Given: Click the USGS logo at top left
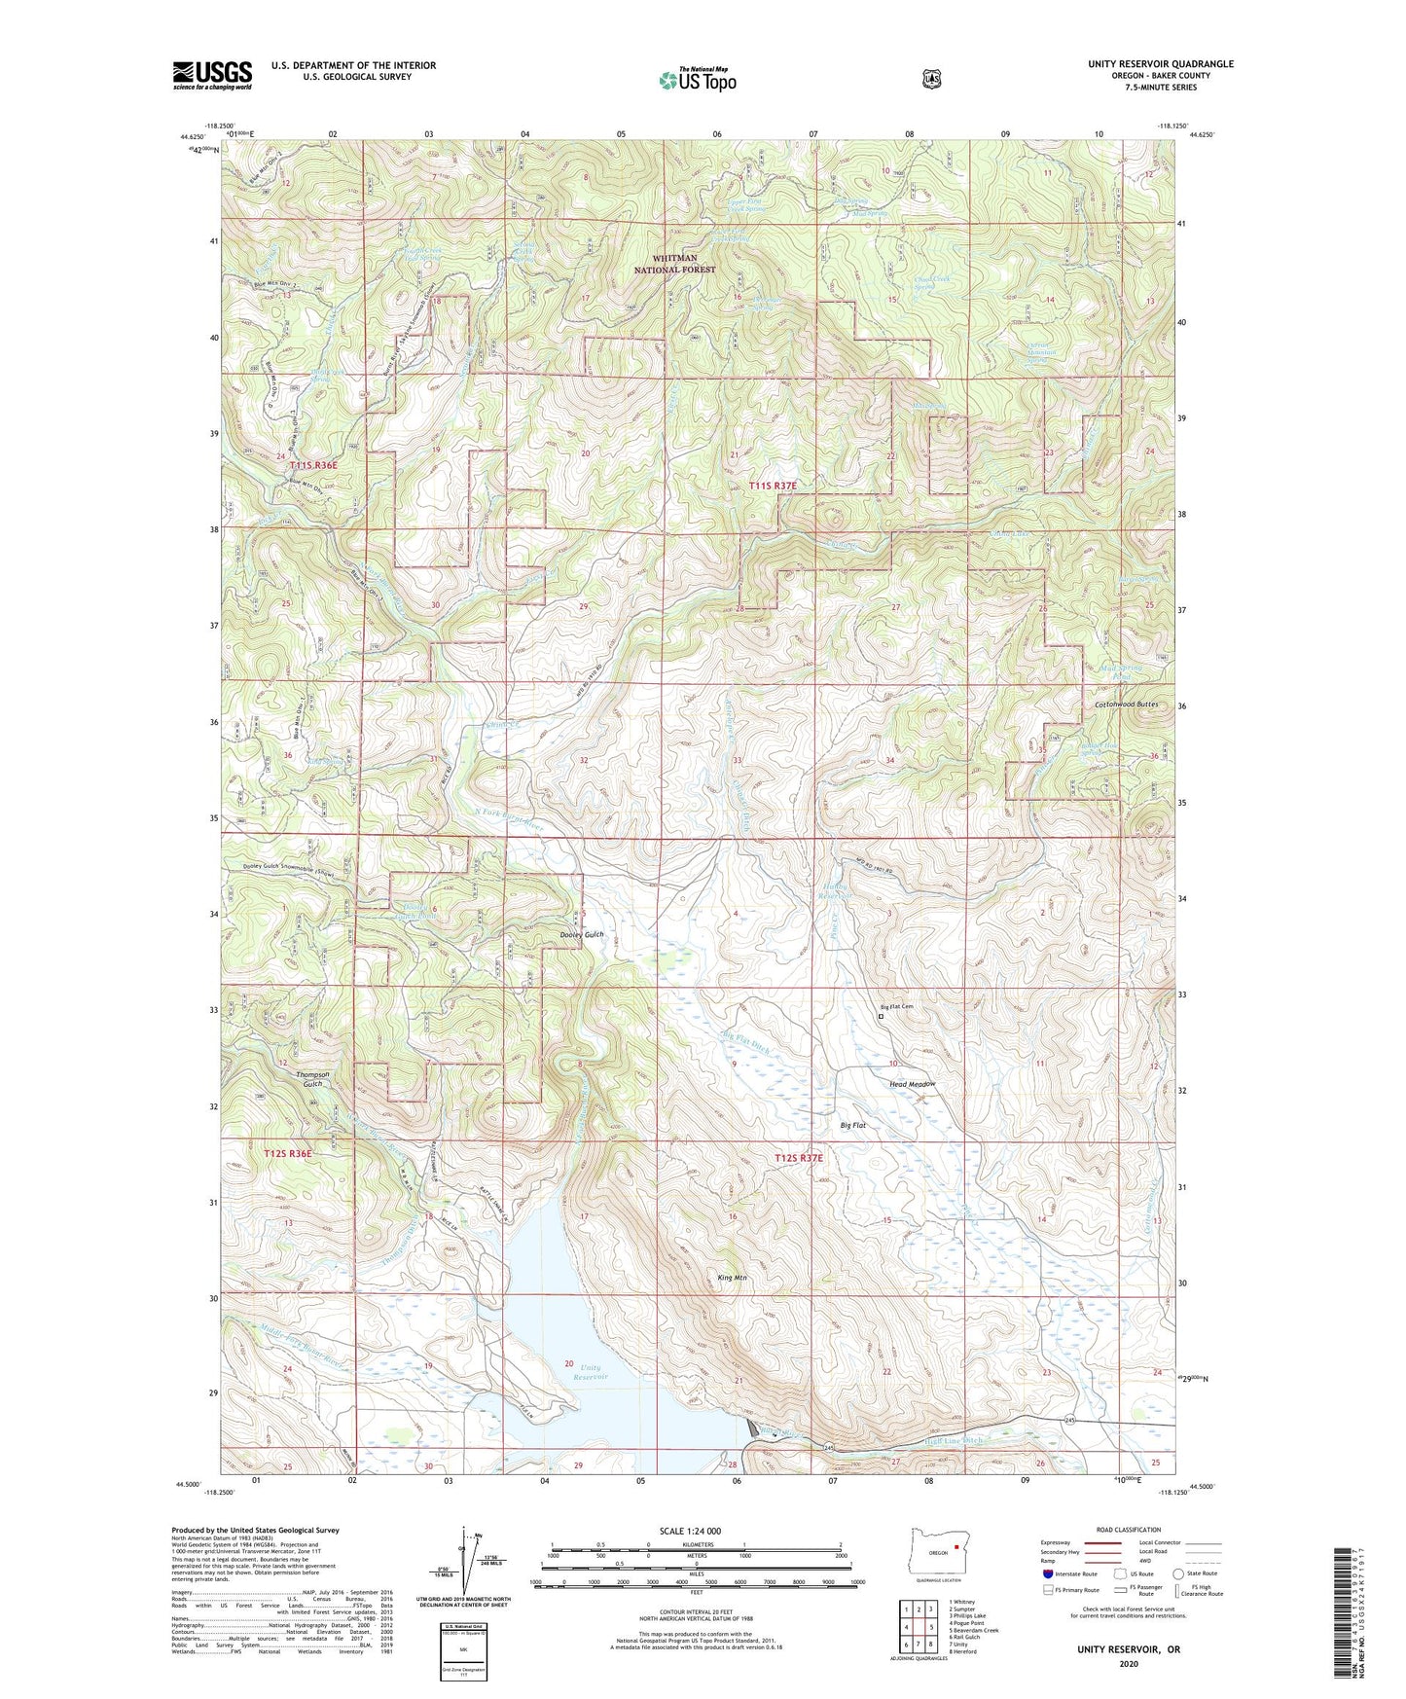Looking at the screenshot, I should click(x=212, y=75).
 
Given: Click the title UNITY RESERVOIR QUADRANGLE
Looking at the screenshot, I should click(x=1160, y=64).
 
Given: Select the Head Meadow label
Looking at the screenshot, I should click(x=912, y=1084).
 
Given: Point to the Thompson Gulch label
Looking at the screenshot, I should click(x=309, y=1079).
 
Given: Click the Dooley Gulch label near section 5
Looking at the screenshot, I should click(x=582, y=934).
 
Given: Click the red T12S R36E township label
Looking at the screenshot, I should click(x=288, y=1153).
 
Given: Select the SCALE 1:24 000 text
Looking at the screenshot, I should click(x=690, y=1531).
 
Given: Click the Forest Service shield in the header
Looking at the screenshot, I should click(x=931, y=78).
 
